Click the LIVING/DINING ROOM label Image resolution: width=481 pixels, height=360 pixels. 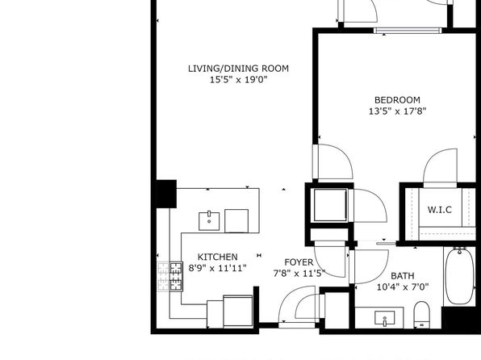click(x=238, y=69)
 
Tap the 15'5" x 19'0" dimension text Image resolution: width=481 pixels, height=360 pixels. click(x=239, y=80)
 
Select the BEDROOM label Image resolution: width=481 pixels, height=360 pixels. click(x=397, y=100)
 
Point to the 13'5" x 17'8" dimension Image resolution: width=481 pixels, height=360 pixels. click(x=398, y=111)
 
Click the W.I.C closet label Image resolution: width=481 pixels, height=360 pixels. click(x=440, y=210)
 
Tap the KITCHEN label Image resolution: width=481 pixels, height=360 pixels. click(x=217, y=257)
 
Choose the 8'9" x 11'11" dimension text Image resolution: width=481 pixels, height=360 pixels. click(x=217, y=268)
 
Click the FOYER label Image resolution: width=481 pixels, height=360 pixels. click(x=299, y=262)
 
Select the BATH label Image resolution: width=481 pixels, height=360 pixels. click(x=403, y=276)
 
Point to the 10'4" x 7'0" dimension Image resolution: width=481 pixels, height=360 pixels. click(x=403, y=287)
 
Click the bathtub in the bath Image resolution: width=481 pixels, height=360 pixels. click(x=459, y=276)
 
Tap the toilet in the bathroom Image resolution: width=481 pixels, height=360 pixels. click(x=422, y=315)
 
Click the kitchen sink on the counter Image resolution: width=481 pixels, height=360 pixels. click(x=209, y=221)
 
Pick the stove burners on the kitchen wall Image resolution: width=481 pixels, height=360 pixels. click(x=176, y=276)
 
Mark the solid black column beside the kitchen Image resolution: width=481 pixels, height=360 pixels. click(x=166, y=194)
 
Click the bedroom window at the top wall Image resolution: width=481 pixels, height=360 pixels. click(x=408, y=31)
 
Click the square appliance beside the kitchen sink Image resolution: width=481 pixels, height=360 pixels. click(x=236, y=221)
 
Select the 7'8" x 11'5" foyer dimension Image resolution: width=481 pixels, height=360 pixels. click(x=299, y=273)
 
